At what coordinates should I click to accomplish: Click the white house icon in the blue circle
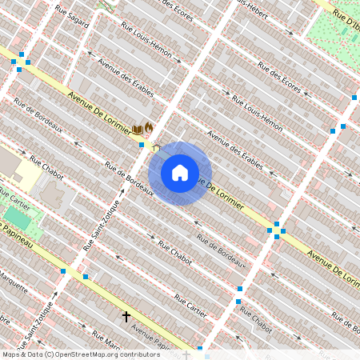pyautogui.click(x=180, y=173)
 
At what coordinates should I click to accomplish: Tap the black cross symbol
pyautogui.click(x=126, y=317)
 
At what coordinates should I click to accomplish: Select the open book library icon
pyautogui.click(x=138, y=129)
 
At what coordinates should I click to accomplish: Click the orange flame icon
pyautogui.click(x=149, y=127)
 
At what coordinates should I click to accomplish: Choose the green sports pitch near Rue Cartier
pyautogui.click(x=16, y=217)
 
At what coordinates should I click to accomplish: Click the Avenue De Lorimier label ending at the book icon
pyautogui.click(x=100, y=111)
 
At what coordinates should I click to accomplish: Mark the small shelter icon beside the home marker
pyautogui.click(x=155, y=148)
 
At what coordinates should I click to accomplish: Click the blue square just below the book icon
pyautogui.click(x=142, y=145)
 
